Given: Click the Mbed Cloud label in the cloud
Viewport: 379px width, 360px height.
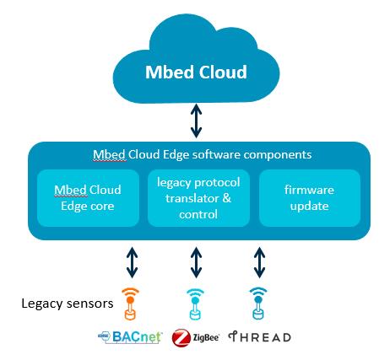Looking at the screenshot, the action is [196, 72].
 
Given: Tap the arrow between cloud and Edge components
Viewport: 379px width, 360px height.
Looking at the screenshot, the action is [196, 121].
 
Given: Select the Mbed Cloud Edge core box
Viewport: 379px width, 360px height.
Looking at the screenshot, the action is [88, 198].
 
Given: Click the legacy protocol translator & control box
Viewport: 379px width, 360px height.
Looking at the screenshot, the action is [198, 198].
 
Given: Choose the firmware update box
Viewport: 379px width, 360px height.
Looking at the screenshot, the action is [310, 198].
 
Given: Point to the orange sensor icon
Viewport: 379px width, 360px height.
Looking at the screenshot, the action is [130, 304].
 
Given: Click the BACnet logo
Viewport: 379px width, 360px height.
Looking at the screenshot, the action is [130, 337].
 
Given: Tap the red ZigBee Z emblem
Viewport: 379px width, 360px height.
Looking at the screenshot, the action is [181, 337].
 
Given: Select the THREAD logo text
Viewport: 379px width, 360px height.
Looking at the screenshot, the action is [259, 337].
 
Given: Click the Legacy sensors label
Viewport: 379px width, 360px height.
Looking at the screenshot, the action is [68, 304].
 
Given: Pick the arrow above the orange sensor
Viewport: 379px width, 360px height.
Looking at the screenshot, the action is [133, 262].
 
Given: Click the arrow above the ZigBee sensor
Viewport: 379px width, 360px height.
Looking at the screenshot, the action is [196, 262].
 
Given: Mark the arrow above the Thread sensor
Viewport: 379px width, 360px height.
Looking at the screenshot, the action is [259, 262].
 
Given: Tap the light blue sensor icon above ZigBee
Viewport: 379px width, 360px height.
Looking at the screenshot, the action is [195, 304].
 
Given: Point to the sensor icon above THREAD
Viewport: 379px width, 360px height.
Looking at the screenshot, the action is [258, 304].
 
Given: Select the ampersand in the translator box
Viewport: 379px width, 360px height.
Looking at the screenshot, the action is [227, 198].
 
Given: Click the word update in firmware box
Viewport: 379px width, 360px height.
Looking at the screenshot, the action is [309, 207].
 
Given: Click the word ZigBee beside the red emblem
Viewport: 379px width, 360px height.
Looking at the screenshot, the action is [206, 337].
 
